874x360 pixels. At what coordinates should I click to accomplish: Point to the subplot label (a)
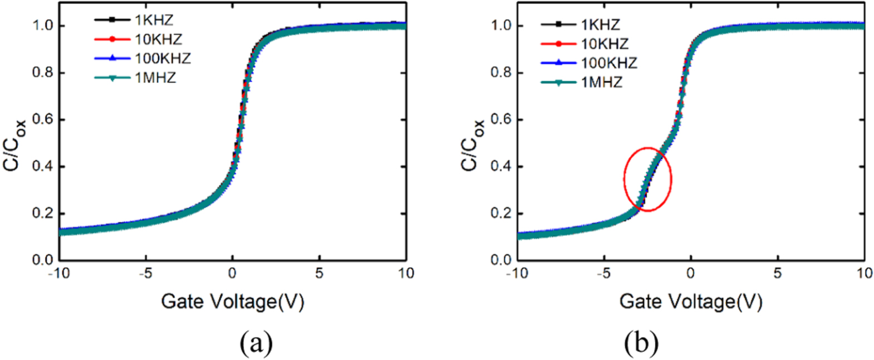click(x=256, y=343)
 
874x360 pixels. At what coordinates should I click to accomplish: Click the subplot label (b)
click(x=641, y=343)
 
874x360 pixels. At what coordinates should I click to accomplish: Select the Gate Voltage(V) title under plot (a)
click(x=233, y=302)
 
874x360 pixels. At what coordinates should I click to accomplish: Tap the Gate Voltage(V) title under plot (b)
click(x=691, y=302)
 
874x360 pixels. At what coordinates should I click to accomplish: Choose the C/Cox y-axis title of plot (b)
click(x=474, y=144)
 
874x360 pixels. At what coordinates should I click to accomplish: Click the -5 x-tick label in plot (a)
click(x=145, y=273)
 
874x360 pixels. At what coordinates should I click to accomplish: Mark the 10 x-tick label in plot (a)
click(x=406, y=273)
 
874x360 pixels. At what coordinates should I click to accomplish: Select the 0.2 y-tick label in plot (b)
click(x=500, y=214)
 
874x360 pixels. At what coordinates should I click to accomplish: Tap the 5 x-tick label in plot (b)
click(x=778, y=273)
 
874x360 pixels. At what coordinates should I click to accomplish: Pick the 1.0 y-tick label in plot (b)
click(x=500, y=26)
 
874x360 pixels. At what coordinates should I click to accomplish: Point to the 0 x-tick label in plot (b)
click(x=691, y=273)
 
